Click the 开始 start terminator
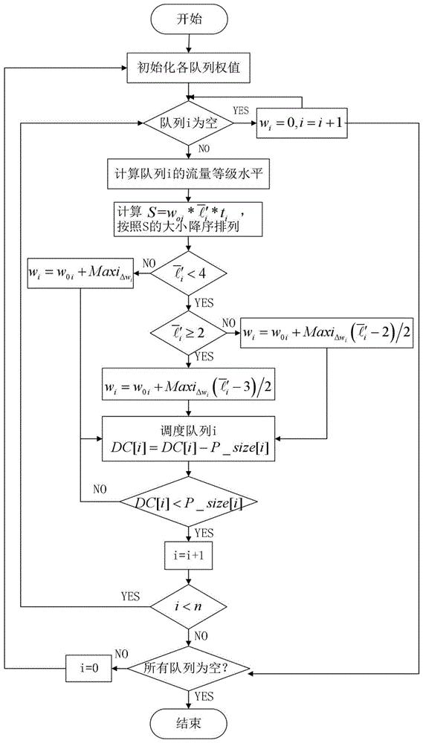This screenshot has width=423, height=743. click(x=190, y=20)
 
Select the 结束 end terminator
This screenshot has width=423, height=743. click(x=190, y=723)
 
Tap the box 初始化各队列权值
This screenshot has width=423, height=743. click(x=190, y=68)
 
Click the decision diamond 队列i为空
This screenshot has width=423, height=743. click(x=189, y=123)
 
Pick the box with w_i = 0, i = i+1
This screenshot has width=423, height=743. click(x=304, y=123)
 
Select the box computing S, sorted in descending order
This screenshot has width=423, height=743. click(x=190, y=218)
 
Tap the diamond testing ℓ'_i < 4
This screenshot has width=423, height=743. click(x=190, y=273)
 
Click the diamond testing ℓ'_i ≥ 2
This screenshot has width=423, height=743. click(x=190, y=334)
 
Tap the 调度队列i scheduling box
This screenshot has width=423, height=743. click(x=190, y=439)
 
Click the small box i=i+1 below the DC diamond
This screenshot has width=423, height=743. click(x=190, y=554)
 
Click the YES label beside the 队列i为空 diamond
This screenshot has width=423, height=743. click(x=242, y=110)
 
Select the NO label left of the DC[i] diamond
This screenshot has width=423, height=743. click(x=100, y=489)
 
